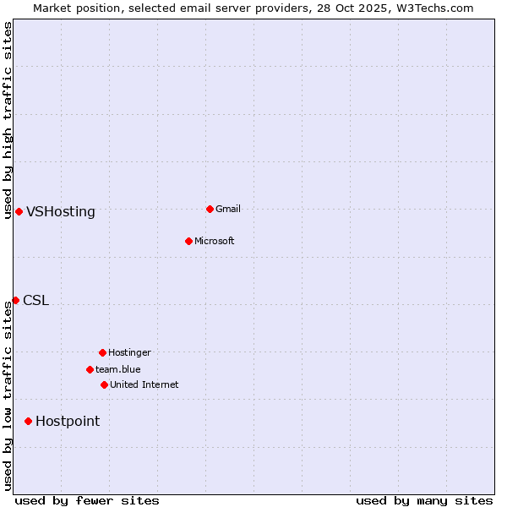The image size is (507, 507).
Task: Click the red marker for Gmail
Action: (210, 209)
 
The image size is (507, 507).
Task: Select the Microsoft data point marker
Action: (188, 241)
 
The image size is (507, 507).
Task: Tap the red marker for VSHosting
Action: (19, 211)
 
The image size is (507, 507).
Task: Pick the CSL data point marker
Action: (15, 300)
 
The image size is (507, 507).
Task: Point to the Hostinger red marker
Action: (102, 352)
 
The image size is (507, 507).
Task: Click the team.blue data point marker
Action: (90, 369)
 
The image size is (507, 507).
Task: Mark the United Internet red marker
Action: (104, 384)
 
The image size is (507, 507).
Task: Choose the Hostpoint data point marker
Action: (28, 421)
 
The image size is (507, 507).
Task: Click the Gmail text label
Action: (228, 209)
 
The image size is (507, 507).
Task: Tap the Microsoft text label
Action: (215, 241)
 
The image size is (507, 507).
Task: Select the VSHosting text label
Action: (61, 212)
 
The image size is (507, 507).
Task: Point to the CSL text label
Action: (36, 301)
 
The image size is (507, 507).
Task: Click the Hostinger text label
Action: (130, 352)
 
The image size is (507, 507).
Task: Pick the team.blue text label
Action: (118, 369)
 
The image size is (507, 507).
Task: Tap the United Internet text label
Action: (144, 384)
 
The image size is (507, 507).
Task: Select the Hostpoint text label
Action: (68, 422)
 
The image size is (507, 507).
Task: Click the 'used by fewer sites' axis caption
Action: (87, 500)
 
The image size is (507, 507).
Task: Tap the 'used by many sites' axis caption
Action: (424, 500)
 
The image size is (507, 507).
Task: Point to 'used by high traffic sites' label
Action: (8, 120)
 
